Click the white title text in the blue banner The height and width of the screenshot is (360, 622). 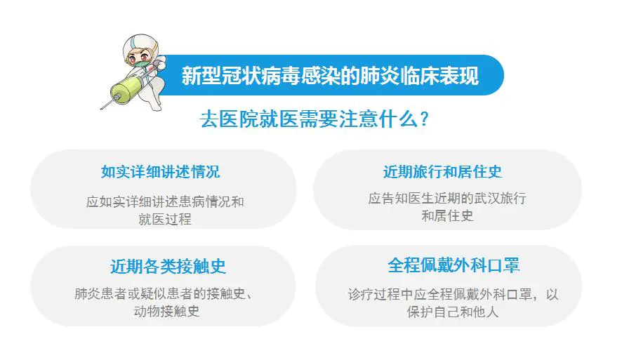(330, 75)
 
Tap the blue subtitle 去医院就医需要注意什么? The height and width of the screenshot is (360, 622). (315, 119)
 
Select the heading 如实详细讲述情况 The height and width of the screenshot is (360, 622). (160, 172)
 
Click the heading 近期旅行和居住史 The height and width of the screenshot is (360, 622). (443, 172)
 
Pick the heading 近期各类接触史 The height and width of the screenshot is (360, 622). (168, 267)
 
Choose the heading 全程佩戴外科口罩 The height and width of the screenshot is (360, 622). (454, 265)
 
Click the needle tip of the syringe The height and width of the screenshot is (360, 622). (101, 108)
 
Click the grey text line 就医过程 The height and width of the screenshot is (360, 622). (165, 219)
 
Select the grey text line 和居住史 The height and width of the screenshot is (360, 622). (447, 216)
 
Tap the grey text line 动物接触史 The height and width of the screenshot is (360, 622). (166, 312)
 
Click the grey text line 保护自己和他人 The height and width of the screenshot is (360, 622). (453, 312)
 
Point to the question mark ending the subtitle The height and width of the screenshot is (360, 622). (424, 119)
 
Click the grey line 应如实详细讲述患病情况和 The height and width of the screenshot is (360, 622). (165, 202)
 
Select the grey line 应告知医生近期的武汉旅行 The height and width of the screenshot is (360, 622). (447, 198)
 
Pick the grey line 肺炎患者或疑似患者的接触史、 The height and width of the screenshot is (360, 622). (164, 294)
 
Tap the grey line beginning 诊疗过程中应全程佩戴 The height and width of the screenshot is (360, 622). (453, 295)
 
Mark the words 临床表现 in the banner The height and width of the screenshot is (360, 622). (439, 75)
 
